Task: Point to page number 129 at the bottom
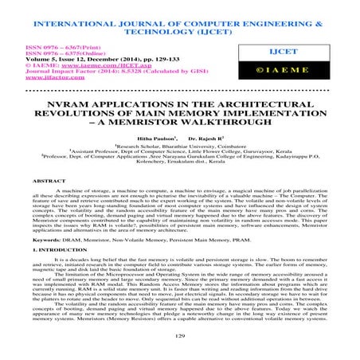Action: pyautogui.click(x=180, y=338)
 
